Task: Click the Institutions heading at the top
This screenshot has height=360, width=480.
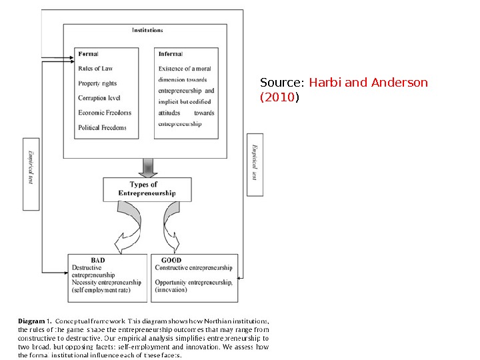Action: (147, 30)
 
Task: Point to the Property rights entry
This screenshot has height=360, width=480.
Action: (97, 83)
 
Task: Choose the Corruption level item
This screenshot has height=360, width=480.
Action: (99, 98)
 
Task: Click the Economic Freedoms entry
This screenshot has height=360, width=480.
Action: (105, 113)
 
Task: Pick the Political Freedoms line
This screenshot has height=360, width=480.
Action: (102, 127)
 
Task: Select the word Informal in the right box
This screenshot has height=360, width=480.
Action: (171, 54)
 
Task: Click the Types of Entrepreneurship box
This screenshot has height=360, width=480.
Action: (147, 189)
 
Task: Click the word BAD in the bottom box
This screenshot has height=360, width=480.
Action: (97, 261)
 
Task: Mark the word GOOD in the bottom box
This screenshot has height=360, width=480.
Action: (171, 261)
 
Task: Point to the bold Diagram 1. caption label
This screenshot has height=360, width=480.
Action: (31, 321)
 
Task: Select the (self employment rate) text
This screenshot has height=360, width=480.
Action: (101, 290)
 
